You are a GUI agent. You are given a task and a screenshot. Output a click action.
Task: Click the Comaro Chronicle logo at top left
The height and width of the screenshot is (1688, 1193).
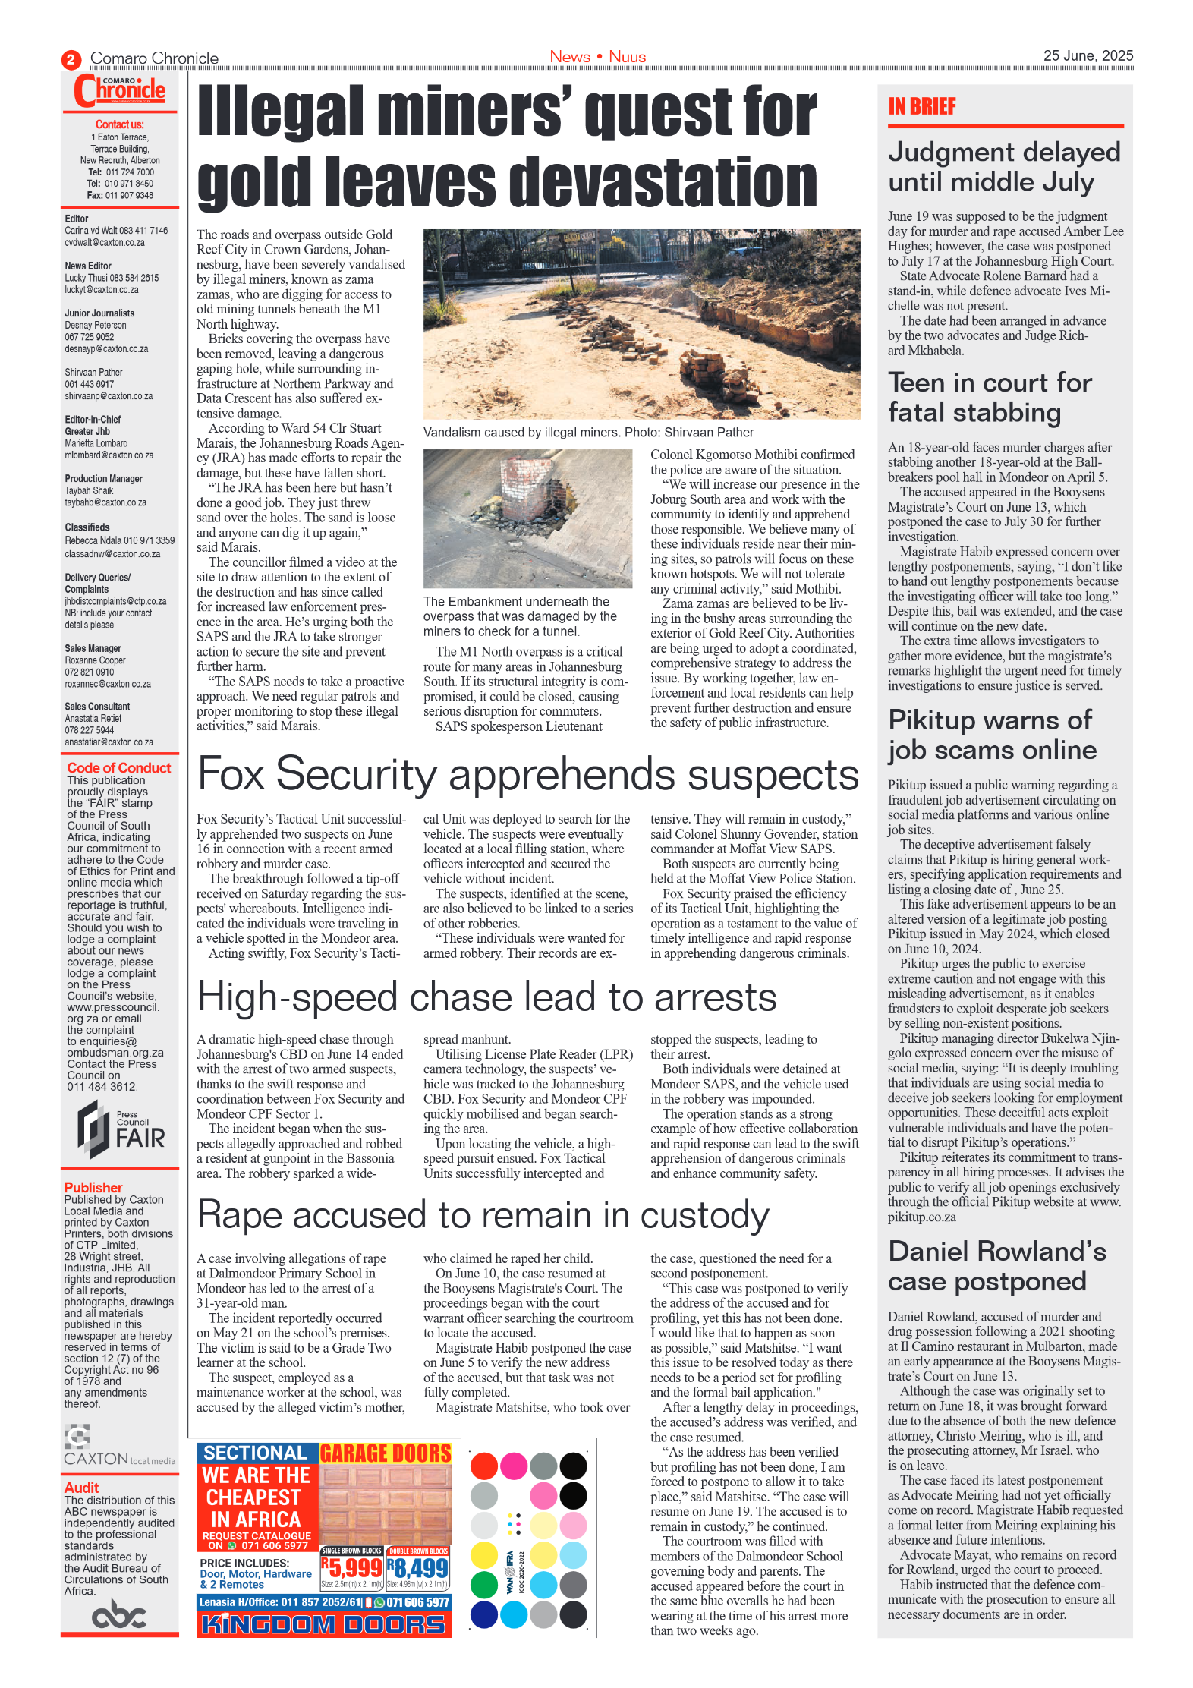(119, 91)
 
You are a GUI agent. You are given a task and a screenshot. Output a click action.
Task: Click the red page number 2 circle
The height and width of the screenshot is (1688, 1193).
(71, 59)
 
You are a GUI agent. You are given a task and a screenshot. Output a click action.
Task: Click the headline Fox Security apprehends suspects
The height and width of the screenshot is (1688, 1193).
(527, 775)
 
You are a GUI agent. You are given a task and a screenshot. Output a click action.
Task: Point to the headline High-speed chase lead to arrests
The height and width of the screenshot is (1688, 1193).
(486, 997)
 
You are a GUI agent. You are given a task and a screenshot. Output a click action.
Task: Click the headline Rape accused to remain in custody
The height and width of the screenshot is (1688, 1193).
(483, 1215)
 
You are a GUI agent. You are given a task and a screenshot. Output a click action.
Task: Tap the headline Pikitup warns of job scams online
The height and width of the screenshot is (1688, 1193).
(992, 735)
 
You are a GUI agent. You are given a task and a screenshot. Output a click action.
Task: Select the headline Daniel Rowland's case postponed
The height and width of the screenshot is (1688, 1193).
(996, 1266)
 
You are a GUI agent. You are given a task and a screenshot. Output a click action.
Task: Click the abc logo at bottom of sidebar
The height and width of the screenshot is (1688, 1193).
(118, 1614)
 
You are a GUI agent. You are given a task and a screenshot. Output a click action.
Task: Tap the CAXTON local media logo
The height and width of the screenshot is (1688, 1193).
(118, 1448)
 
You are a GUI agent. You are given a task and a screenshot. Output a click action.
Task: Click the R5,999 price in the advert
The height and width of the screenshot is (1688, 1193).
(351, 1568)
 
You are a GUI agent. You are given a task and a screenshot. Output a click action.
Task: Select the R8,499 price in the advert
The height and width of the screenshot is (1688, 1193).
(418, 1568)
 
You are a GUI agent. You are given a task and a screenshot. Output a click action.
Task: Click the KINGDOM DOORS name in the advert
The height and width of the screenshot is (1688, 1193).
(323, 1625)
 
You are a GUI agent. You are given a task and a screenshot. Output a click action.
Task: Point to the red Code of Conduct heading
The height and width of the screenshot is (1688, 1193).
(118, 767)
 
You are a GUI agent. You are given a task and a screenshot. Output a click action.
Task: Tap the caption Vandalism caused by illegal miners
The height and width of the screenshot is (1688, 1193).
(588, 433)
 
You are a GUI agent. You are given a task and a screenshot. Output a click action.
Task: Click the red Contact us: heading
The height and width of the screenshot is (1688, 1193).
(119, 124)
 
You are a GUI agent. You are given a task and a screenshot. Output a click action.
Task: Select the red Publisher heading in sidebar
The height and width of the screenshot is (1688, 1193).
(93, 1187)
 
